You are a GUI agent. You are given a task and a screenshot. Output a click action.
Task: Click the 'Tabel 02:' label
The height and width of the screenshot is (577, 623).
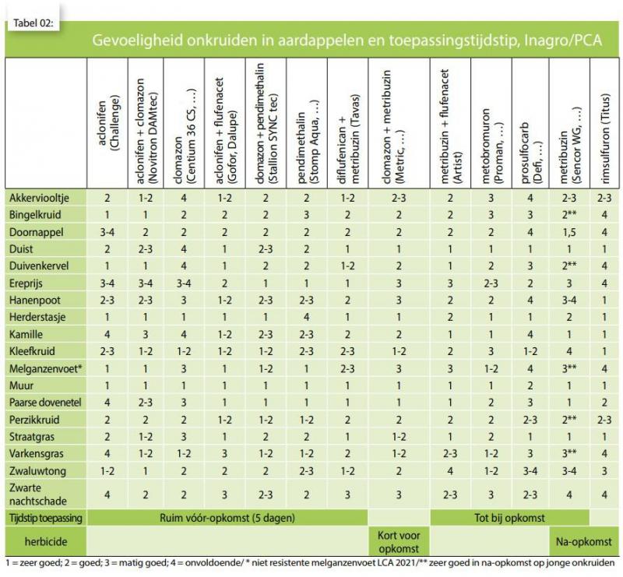click(x=33, y=23)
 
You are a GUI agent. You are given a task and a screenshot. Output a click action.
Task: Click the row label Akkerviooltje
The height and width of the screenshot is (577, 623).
click(x=39, y=198)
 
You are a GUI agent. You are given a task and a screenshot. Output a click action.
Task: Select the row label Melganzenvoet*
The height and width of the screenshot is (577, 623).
click(x=46, y=368)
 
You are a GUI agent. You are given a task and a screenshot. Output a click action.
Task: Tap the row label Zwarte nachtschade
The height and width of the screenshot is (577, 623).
click(x=37, y=494)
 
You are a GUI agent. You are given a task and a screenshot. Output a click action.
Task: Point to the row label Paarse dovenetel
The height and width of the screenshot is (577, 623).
click(x=45, y=403)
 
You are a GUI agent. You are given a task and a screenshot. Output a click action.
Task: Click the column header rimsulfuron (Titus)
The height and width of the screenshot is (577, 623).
click(x=605, y=139)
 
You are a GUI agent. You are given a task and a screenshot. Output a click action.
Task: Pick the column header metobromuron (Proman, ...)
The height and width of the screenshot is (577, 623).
click(x=491, y=146)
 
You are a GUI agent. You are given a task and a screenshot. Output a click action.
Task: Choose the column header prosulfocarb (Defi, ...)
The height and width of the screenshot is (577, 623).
click(x=531, y=153)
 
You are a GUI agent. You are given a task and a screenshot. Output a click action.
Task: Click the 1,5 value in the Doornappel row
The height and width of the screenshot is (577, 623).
click(x=569, y=232)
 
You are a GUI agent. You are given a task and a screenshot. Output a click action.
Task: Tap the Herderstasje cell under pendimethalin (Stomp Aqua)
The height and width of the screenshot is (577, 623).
click(x=306, y=317)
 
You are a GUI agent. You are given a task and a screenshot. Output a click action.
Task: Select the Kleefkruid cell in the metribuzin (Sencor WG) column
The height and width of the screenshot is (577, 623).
click(x=569, y=351)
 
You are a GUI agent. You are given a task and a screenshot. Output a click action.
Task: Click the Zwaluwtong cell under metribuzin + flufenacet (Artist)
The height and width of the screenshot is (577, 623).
click(x=450, y=471)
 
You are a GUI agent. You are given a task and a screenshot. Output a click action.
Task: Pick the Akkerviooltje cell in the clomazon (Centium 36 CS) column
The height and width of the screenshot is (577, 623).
click(x=184, y=198)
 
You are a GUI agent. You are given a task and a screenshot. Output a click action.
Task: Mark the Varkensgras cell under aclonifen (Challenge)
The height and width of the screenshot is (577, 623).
click(x=107, y=454)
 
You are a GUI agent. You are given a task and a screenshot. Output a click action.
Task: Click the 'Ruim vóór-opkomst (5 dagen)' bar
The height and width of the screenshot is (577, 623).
click(x=227, y=518)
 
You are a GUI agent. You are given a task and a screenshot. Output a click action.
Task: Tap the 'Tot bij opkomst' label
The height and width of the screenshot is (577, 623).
click(x=509, y=518)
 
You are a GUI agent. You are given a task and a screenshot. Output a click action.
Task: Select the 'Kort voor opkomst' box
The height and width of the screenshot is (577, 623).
click(x=399, y=542)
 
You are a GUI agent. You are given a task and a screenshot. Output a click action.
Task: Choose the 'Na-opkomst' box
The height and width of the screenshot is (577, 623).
click(x=583, y=542)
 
